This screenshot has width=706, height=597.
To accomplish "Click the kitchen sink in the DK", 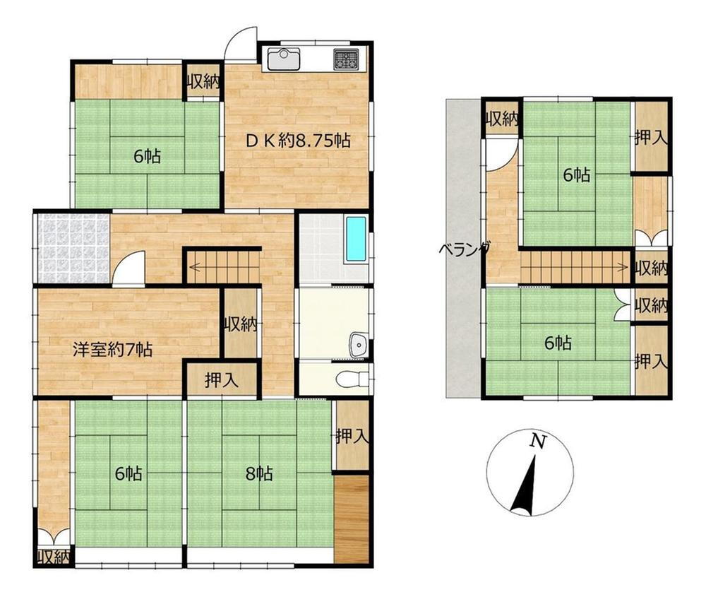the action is click(283, 59).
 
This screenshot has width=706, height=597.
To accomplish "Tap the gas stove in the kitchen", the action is click(346, 59).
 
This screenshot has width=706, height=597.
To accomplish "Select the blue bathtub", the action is click(356, 240).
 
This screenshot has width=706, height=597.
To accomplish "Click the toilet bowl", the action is click(349, 379).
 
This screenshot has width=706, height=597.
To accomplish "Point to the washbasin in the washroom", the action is click(359, 345).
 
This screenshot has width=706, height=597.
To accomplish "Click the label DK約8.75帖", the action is click(298, 141).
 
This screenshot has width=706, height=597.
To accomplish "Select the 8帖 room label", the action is click(259, 473).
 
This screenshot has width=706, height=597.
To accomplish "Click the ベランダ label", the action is click(465, 249).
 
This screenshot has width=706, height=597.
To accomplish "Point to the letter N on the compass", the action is click(538, 440).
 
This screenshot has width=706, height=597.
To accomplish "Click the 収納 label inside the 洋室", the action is click(241, 324).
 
